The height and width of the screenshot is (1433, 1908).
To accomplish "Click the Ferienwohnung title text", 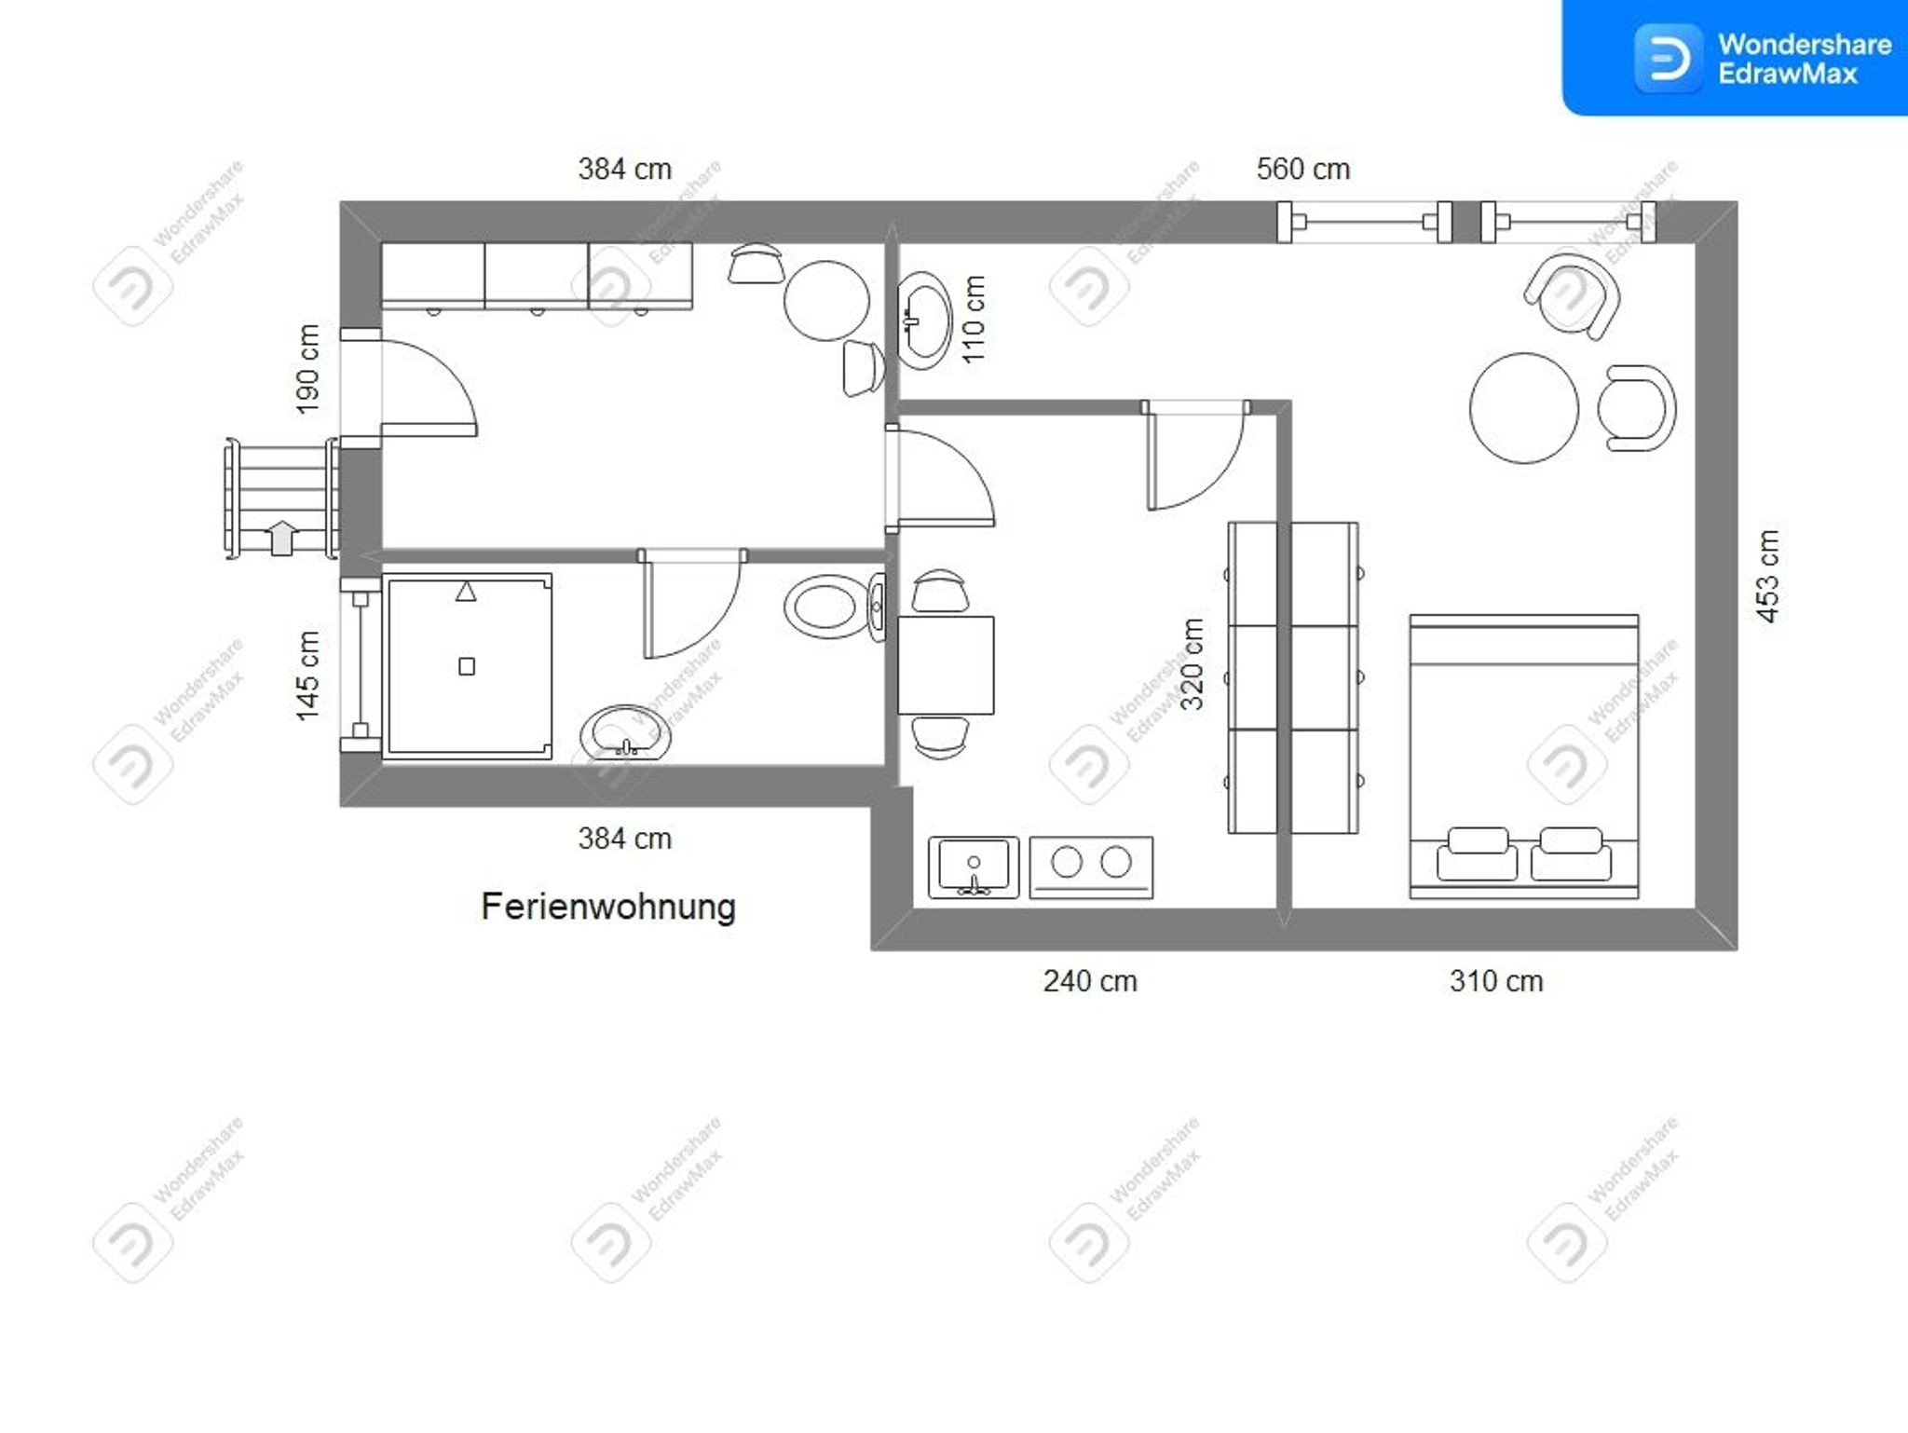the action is [x=608, y=907].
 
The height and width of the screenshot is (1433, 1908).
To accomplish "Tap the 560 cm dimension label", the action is [x=1302, y=169].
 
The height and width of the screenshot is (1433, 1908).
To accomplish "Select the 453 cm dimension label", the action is [x=1766, y=576].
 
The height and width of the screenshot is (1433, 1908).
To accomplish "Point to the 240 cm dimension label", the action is [x=1090, y=981].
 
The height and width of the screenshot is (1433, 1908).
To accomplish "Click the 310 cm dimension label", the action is [x=1495, y=981].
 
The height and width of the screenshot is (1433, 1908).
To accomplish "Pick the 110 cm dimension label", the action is [x=973, y=320].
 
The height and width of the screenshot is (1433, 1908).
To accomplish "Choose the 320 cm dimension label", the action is [x=1192, y=663].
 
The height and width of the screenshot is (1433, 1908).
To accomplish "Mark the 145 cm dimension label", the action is [x=307, y=676].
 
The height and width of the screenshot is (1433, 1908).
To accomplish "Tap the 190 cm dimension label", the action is [x=307, y=369].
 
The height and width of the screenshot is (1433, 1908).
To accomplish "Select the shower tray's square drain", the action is [x=467, y=666].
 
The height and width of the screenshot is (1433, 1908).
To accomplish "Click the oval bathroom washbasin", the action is [x=625, y=734].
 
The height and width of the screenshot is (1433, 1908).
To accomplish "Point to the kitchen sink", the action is [x=974, y=867].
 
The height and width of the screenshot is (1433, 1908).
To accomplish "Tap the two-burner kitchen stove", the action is [x=1091, y=867].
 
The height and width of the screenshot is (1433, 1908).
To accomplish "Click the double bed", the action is [x=1524, y=757].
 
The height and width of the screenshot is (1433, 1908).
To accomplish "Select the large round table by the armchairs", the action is [x=1524, y=408].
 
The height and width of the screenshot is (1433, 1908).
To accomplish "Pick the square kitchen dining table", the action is [x=946, y=665].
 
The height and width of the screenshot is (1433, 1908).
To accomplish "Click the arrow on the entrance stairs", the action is [x=281, y=538].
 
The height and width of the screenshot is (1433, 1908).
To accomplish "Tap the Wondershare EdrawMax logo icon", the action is [x=1668, y=59].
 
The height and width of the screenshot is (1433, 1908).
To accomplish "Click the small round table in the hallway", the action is [x=826, y=301].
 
